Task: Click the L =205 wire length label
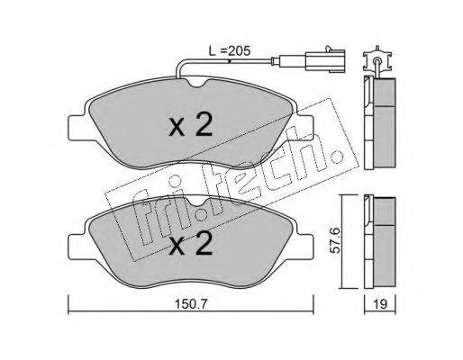[x=230, y=51]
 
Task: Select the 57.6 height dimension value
[x=335, y=240]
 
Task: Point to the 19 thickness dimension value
[x=380, y=304]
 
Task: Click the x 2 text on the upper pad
[x=190, y=125]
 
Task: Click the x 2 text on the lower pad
[x=190, y=244]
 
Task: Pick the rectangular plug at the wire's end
[x=325, y=61]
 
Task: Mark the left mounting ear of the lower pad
[x=77, y=246]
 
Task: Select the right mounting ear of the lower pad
[x=304, y=246]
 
